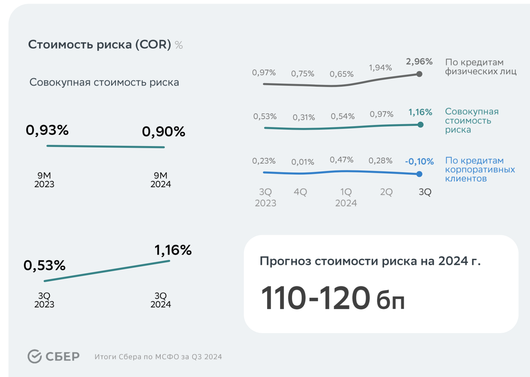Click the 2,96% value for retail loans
click(419, 61)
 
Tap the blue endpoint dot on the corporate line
click(419, 174)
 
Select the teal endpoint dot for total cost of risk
click(420, 125)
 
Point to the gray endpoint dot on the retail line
click(419, 74)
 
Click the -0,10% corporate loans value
click(419, 161)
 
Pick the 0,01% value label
click(302, 162)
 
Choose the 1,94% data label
click(380, 68)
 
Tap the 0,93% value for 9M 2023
click(47, 130)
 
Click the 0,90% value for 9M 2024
click(163, 132)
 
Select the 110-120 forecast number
click(315, 298)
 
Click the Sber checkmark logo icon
click(35, 356)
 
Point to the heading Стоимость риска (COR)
click(100, 45)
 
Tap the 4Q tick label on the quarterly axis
click(300, 192)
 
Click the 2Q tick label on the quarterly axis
click(386, 192)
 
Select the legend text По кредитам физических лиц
click(480, 67)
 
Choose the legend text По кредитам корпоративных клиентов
click(480, 170)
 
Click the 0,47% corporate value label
click(341, 160)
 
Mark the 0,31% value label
click(304, 117)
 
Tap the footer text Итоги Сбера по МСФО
click(158, 357)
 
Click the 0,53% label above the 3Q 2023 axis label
click(44, 265)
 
